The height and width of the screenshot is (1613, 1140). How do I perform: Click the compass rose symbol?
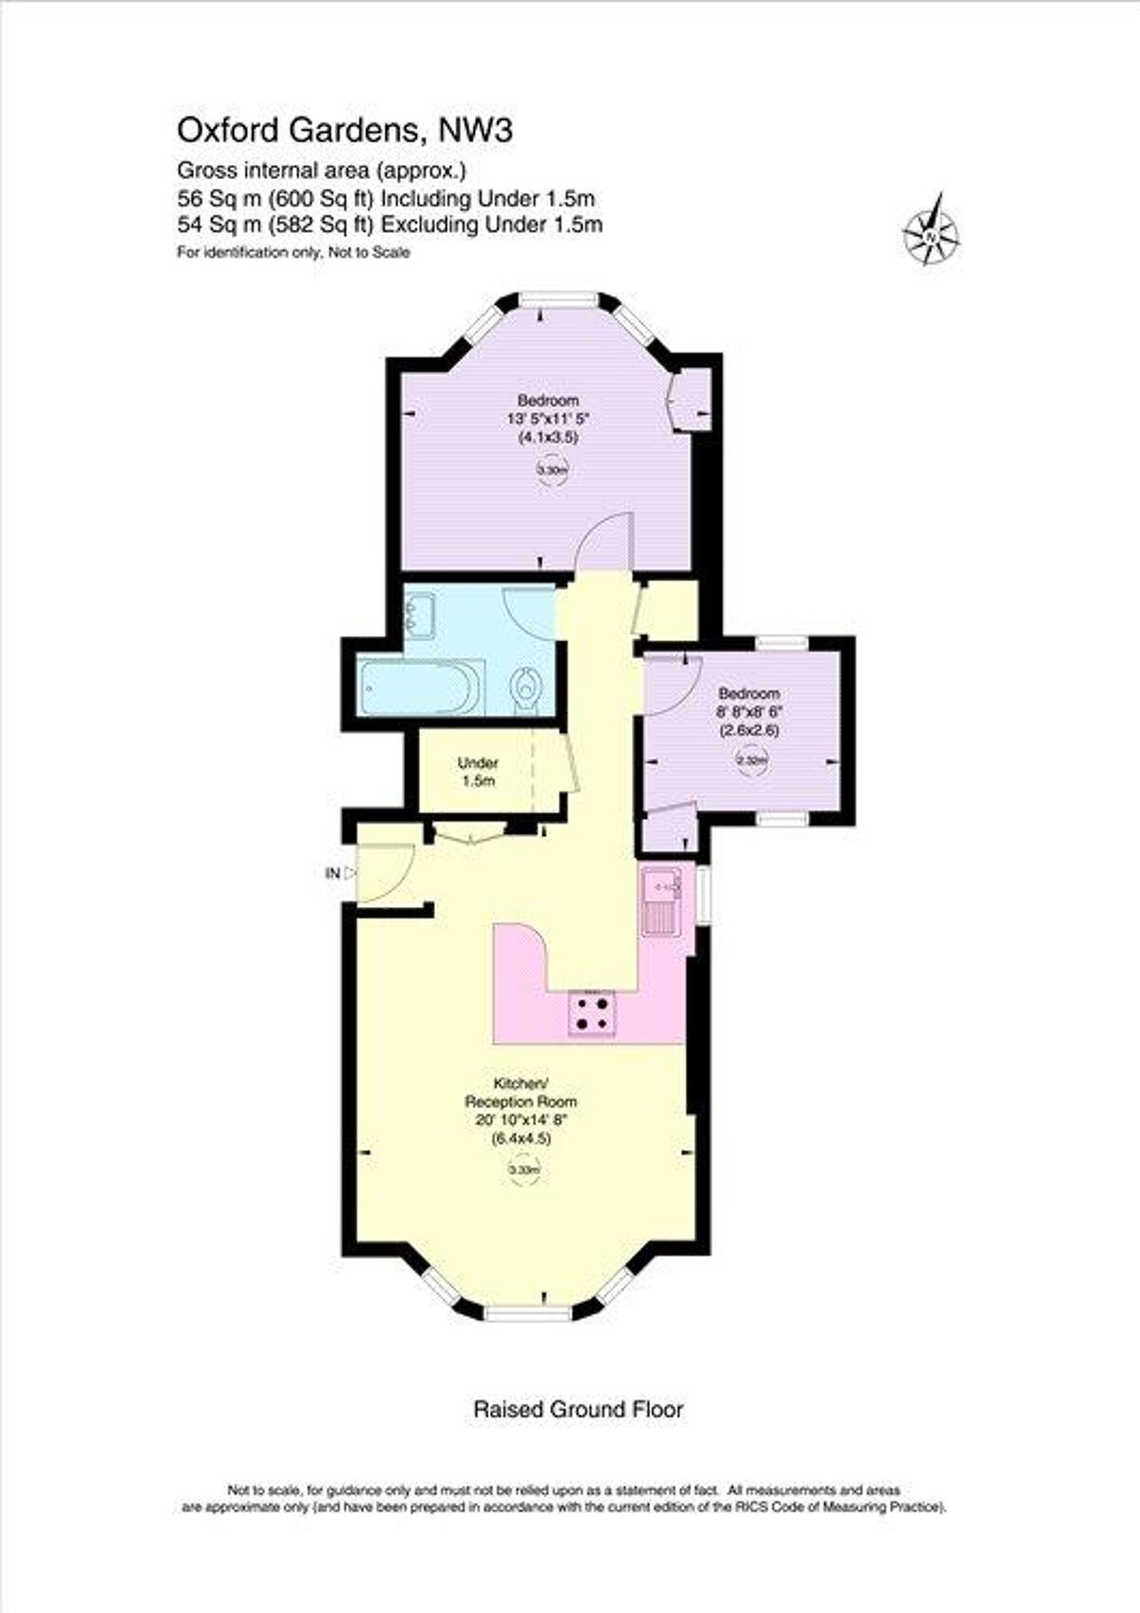932,230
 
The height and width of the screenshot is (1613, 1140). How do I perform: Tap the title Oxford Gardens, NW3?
346,130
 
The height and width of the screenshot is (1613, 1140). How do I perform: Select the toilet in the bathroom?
525,686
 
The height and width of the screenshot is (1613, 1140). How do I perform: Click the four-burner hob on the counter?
591,1013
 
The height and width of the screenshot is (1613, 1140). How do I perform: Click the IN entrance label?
332,873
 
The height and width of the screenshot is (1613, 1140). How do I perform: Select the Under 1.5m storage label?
478,771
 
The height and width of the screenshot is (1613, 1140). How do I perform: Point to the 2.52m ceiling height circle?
751,760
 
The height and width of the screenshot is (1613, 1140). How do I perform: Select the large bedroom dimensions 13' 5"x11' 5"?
548,418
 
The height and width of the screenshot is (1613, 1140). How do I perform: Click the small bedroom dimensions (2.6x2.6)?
749,731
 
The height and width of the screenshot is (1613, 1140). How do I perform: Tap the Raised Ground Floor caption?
578,1409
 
